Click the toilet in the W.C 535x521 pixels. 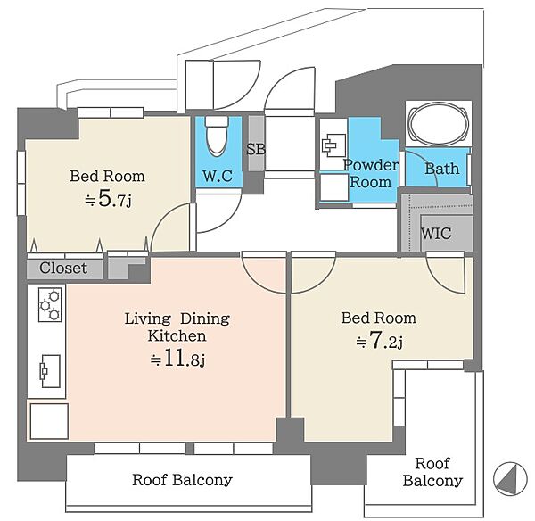pyautogui.click(x=217, y=136)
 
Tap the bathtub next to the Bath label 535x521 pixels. pyautogui.click(x=439, y=124)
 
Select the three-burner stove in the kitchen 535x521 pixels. pyautogui.click(x=50, y=304)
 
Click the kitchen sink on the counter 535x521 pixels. pyautogui.click(x=51, y=371)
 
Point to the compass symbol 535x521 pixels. pyautogui.click(x=510, y=479)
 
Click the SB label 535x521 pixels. pyautogui.click(x=256, y=149)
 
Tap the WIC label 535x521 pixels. pyautogui.click(x=436, y=234)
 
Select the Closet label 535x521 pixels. pyautogui.click(x=63, y=268)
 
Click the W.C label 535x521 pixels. pyautogui.click(x=218, y=176)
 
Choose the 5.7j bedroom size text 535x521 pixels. pyautogui.click(x=108, y=199)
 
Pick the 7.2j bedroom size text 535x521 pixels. pyautogui.click(x=380, y=341)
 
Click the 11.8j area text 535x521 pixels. pyautogui.click(x=177, y=359)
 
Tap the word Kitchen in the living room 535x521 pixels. pyautogui.click(x=177, y=336)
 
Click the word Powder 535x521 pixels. pyautogui.click(x=371, y=165)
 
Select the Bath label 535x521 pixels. pyautogui.click(x=442, y=169)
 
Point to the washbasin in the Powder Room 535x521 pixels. pyautogui.click(x=333, y=145)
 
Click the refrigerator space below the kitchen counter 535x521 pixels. pyautogui.click(x=49, y=421)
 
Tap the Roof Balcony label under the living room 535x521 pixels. pyautogui.click(x=182, y=480)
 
